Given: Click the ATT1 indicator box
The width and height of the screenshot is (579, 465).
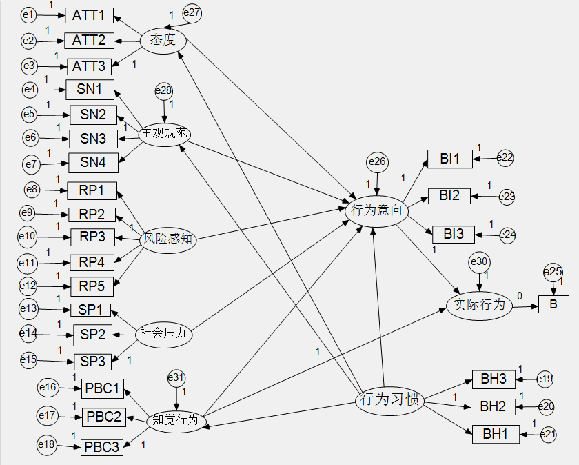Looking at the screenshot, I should click(88, 15).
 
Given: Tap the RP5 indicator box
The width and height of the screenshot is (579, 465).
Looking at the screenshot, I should click(92, 286).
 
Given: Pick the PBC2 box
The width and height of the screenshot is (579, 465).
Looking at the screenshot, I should click(104, 417).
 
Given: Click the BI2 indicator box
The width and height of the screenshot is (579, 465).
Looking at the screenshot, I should click(449, 195).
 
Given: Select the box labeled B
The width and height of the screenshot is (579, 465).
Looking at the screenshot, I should click(553, 304).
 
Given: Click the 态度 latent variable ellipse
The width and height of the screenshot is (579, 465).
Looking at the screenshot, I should click(163, 40).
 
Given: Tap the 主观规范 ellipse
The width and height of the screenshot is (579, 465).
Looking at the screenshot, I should click(165, 133).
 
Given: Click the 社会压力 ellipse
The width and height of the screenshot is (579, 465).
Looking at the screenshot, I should click(163, 334).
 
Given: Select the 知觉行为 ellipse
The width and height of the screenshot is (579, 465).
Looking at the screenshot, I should click(175, 419).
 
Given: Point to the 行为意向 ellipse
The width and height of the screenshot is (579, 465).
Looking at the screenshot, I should click(376, 210).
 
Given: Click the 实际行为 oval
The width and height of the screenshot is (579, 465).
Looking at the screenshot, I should click(479, 304).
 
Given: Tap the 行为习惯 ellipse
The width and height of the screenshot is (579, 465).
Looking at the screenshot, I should click(388, 399).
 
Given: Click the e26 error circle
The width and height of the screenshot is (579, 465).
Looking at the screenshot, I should click(377, 162).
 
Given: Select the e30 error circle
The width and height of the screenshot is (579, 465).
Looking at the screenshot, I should click(479, 261).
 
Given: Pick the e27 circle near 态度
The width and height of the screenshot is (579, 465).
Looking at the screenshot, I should click(192, 12).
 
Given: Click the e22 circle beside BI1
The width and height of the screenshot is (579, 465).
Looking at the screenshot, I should click(506, 158).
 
